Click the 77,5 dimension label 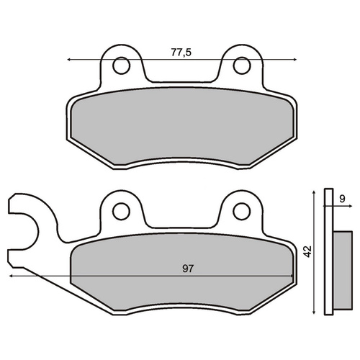pyautogui.click(x=181, y=53)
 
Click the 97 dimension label pyautogui.click(x=188, y=269)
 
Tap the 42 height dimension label pyautogui.click(x=307, y=251)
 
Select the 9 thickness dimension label pyautogui.click(x=343, y=199)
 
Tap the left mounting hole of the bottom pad pyautogui.click(x=122, y=211)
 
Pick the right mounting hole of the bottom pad pyautogui.click(x=242, y=211)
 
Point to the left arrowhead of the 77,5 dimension pyautogui.click(x=68, y=59)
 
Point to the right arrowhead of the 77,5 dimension pyautogui.click(x=295, y=59)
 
